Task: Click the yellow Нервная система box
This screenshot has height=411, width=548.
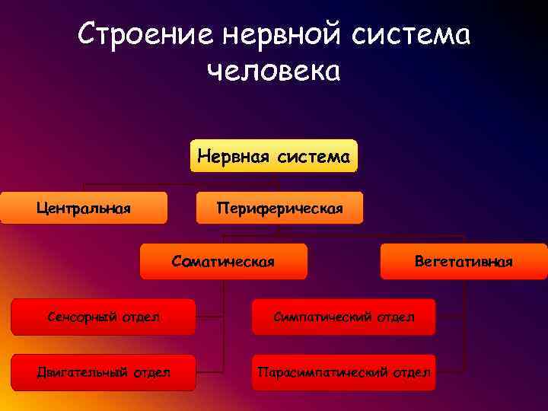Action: [x=273, y=156]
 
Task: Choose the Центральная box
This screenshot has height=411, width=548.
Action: [x=84, y=208]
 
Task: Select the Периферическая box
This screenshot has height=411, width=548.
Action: [x=279, y=208]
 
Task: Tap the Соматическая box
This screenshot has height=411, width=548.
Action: [x=224, y=261]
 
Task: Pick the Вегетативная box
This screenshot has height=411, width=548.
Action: [x=464, y=261]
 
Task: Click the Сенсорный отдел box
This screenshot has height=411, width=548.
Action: [x=103, y=317]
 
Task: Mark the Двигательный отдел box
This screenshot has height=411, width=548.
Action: [x=103, y=372]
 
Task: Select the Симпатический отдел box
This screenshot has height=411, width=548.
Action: [x=344, y=317]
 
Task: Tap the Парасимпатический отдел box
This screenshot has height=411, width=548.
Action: [x=344, y=372]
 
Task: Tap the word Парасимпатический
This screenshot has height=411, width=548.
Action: [x=323, y=372]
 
